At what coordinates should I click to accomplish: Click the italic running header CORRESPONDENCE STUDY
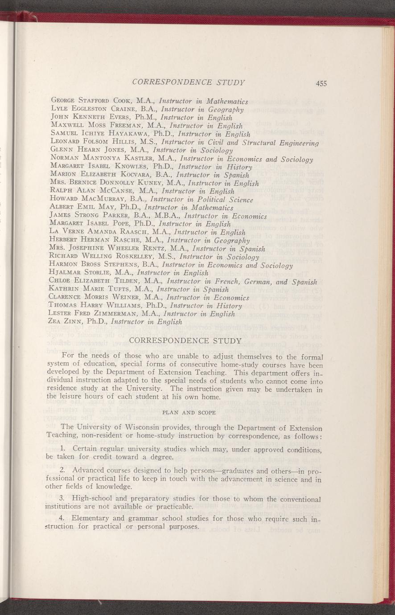pyautogui.click(x=189, y=82)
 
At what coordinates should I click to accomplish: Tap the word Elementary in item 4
pyautogui.click(x=93, y=518)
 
